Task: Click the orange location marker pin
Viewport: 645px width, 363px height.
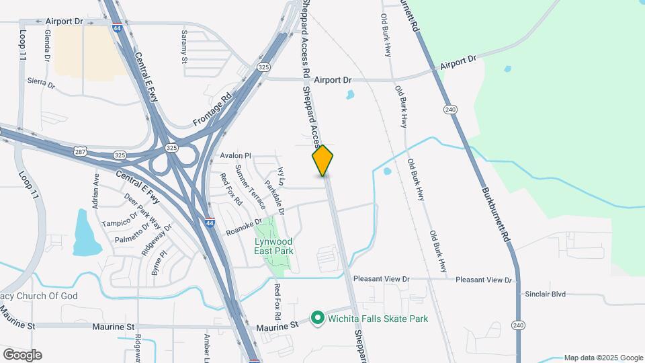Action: pyautogui.click(x=323, y=160)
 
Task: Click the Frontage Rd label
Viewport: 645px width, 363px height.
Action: pyautogui.click(x=212, y=109)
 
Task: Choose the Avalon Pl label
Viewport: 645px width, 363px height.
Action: pyautogui.click(x=235, y=156)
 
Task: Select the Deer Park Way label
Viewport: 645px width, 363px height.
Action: pyautogui.click(x=142, y=210)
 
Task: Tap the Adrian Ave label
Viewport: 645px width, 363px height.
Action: pyautogui.click(x=96, y=189)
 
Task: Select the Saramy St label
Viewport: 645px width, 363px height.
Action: pyautogui.click(x=185, y=46)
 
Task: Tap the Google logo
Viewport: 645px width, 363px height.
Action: pyautogui.click(x=22, y=355)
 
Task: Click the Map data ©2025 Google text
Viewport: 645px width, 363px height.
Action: pyautogui.click(x=603, y=358)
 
